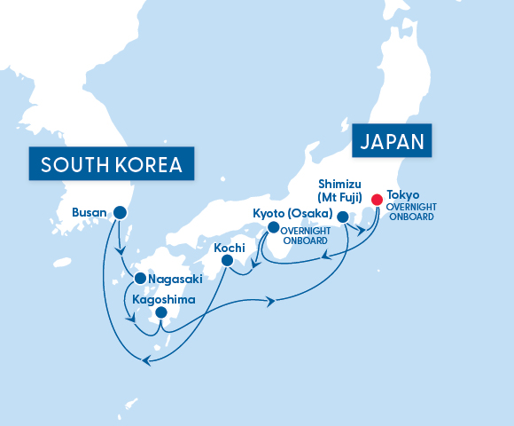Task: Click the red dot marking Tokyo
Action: pyautogui.click(x=377, y=200)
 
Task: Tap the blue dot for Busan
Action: pyautogui.click(x=120, y=213)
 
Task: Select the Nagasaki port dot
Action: pyautogui.click(x=140, y=279)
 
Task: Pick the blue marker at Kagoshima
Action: pyautogui.click(x=160, y=312)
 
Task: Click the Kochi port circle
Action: pyautogui.click(x=228, y=261)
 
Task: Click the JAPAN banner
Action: pyautogui.click(x=391, y=141)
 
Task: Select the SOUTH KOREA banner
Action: pyautogui.click(x=112, y=164)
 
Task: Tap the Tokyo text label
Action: pyautogui.click(x=403, y=194)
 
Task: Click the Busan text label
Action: pyautogui.click(x=89, y=213)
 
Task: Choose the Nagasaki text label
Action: pyautogui.click(x=175, y=279)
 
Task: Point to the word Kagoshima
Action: pyautogui.click(x=164, y=299)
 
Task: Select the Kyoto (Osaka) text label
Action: pyautogui.click(x=292, y=214)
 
